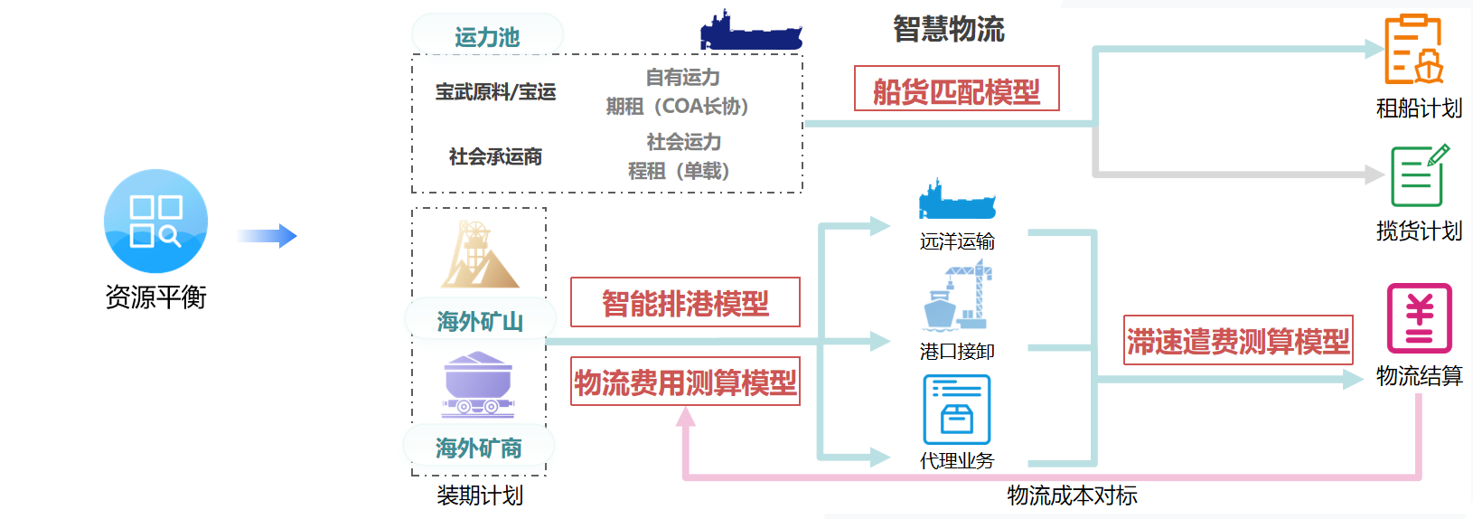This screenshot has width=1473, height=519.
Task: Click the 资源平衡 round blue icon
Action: tap(155, 221)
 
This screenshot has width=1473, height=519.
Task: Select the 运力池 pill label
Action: tap(487, 37)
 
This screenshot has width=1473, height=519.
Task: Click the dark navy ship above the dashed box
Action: tap(750, 31)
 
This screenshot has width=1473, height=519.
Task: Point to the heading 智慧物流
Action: tap(948, 29)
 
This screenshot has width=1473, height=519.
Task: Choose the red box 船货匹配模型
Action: tap(956, 90)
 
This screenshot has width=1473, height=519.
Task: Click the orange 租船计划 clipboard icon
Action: tap(1414, 49)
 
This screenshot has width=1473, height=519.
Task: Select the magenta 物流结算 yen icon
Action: tap(1419, 318)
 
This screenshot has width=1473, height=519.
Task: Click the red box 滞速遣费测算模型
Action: tap(1237, 340)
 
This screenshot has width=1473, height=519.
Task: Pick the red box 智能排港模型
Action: tap(685, 302)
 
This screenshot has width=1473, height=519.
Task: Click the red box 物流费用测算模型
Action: tap(685, 382)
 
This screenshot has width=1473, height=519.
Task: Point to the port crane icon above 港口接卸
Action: tap(958, 295)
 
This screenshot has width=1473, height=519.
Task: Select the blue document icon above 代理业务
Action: tap(956, 410)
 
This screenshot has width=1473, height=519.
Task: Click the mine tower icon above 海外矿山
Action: tap(479, 255)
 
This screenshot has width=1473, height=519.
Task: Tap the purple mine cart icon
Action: tap(478, 384)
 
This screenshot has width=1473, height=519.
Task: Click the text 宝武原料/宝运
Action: tap(495, 91)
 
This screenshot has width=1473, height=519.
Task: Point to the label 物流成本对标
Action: tap(1072, 495)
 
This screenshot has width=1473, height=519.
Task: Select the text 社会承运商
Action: tap(495, 156)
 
